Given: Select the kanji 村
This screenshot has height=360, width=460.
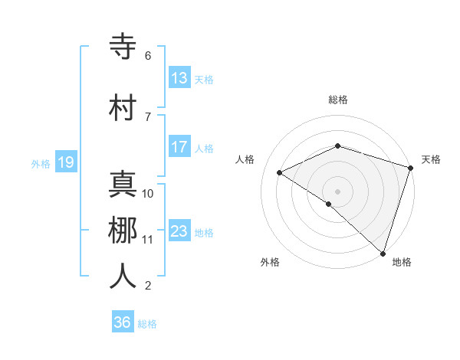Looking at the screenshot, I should tap(123, 108).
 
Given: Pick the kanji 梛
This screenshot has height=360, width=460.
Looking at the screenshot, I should tap(123, 231).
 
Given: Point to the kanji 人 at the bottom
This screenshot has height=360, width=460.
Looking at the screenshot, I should tap(123, 277).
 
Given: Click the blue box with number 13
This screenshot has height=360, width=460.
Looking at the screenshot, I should tap(179, 77).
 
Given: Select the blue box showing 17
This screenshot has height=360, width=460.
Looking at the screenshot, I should tap(179, 147).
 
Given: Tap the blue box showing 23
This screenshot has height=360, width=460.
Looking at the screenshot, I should tap(179, 231).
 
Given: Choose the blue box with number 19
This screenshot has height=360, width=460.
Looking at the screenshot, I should tap(65, 162).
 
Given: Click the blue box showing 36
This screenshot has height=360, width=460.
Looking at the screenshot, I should tap(123, 322).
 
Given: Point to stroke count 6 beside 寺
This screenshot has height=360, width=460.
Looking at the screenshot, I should tap(148, 56).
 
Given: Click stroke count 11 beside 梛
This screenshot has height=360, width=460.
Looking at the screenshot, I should tap(147, 240).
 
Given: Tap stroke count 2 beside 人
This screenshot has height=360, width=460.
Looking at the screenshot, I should tap(148, 286).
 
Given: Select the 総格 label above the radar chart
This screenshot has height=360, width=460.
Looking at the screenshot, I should tap(338, 100).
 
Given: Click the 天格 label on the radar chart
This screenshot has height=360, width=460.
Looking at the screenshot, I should tap(431, 159).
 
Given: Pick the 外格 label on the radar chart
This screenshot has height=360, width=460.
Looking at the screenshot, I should tap(270, 262).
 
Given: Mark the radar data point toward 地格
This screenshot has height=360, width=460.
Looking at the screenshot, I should tap(383, 252).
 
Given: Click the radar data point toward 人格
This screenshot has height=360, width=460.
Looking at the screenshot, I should tap(280, 172).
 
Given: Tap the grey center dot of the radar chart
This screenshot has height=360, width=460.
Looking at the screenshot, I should tap(337, 191).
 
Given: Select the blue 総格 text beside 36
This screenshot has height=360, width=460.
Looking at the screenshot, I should tap(147, 324).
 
